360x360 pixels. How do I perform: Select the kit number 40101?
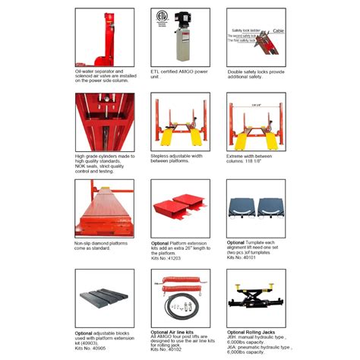pos(261,257)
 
